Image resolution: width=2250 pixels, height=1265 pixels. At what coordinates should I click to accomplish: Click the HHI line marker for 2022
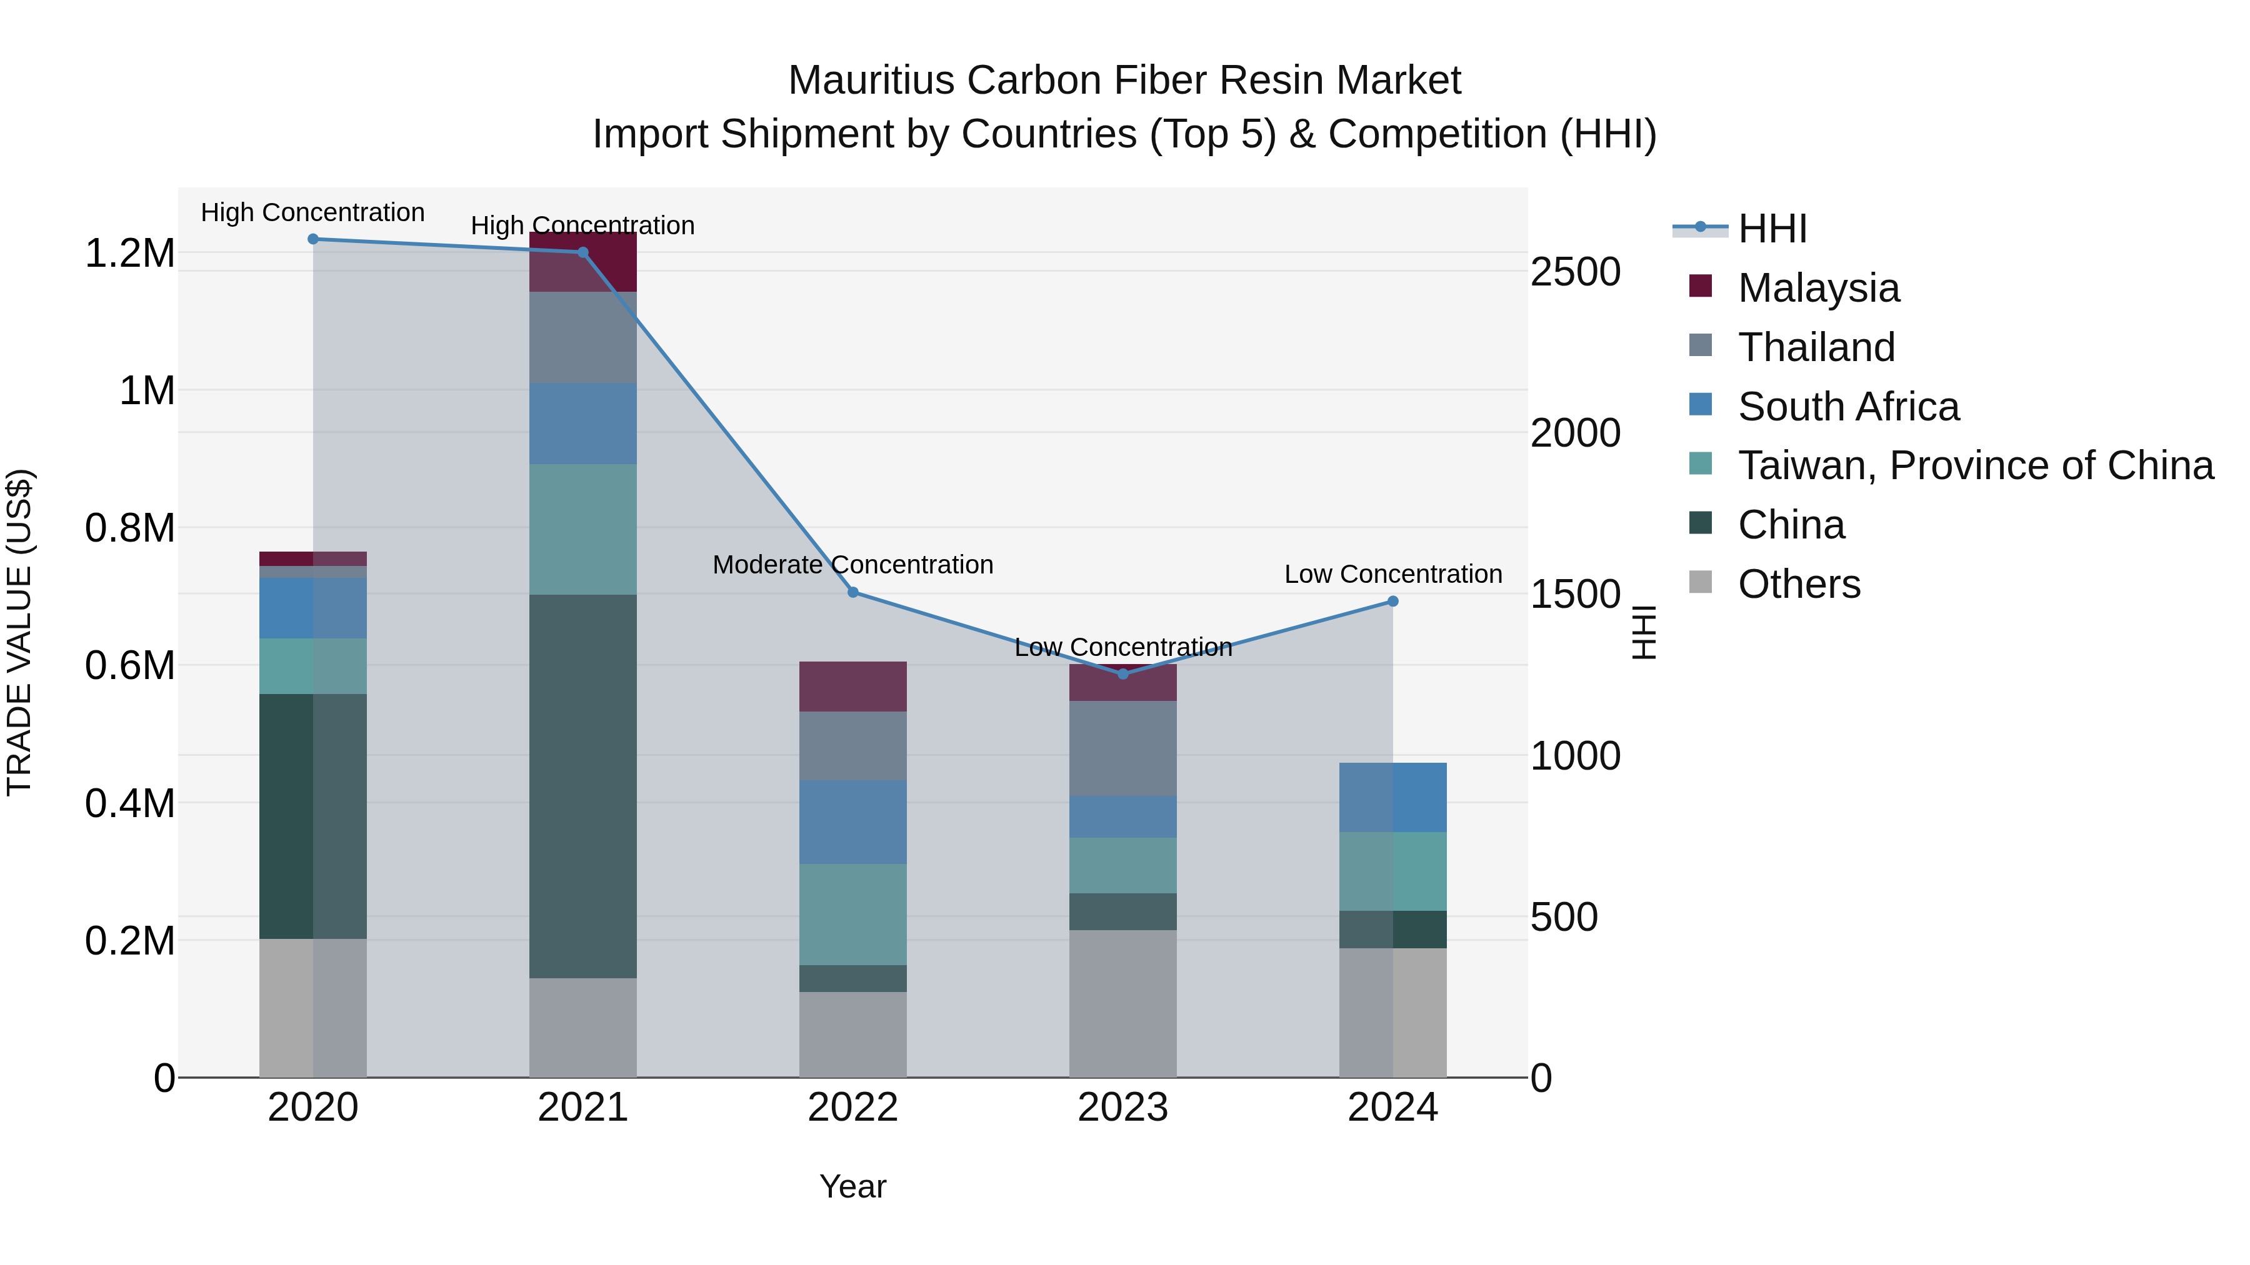(x=852, y=592)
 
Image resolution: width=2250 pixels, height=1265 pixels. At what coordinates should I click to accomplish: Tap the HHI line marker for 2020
(x=312, y=239)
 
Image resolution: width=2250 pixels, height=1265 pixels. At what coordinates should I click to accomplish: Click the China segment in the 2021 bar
(x=582, y=786)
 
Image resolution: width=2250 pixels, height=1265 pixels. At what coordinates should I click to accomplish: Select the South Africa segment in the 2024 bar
(x=1392, y=797)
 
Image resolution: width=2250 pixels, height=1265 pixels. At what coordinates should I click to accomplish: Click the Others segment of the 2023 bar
(x=1122, y=1003)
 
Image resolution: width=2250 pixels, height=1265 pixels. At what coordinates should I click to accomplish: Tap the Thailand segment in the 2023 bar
(x=1122, y=748)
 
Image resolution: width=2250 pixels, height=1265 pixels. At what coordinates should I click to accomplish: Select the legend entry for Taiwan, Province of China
(x=1975, y=465)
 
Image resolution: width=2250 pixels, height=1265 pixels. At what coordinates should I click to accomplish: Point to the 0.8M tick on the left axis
(x=129, y=528)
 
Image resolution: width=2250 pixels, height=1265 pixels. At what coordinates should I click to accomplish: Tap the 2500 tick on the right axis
(x=1576, y=272)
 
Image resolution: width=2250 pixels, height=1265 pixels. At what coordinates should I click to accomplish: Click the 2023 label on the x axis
(x=1122, y=1108)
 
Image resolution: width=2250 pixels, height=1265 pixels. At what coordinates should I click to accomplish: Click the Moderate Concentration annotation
(x=852, y=565)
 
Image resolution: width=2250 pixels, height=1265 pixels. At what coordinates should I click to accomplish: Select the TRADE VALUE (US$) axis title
(x=19, y=632)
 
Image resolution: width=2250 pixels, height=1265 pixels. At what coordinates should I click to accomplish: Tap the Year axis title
(x=852, y=1186)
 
